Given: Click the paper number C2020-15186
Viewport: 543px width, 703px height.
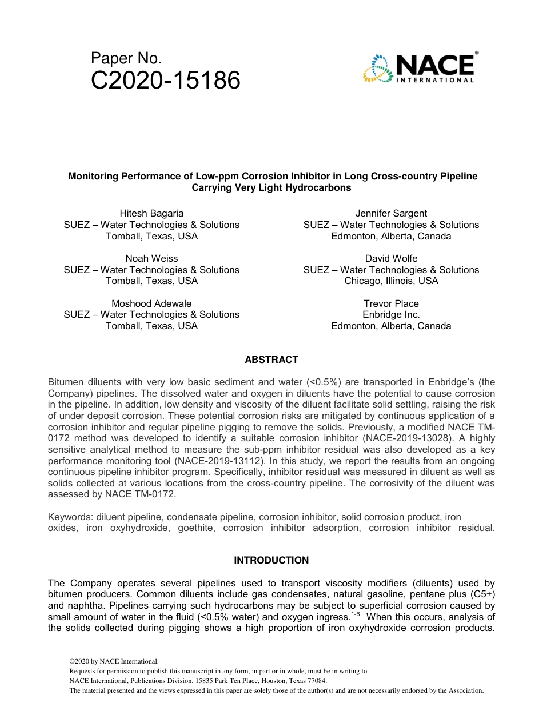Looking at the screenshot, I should pos(166,81).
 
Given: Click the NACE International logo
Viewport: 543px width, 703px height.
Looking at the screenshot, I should pos(419,68).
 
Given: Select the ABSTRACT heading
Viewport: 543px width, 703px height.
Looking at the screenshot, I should pos(271,360).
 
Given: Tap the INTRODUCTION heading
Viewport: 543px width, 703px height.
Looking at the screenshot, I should pos(271,560).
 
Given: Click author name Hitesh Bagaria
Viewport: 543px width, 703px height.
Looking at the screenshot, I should pos(151,214).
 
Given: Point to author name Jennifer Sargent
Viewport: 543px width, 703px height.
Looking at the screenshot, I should pos(391,214).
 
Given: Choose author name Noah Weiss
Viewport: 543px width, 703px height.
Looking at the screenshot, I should pos(151,258).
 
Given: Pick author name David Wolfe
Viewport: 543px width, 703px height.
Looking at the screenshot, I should pos(391,258).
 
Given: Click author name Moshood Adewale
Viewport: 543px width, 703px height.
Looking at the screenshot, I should pos(151,303).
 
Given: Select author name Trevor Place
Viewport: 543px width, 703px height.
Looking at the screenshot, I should pos(391,303).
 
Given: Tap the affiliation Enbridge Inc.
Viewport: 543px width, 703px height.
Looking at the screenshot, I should pos(391,314).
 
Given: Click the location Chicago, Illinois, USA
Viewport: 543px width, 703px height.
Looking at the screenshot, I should pos(391,281).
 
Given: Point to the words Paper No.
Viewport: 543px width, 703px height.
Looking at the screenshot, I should pos(126,58).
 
